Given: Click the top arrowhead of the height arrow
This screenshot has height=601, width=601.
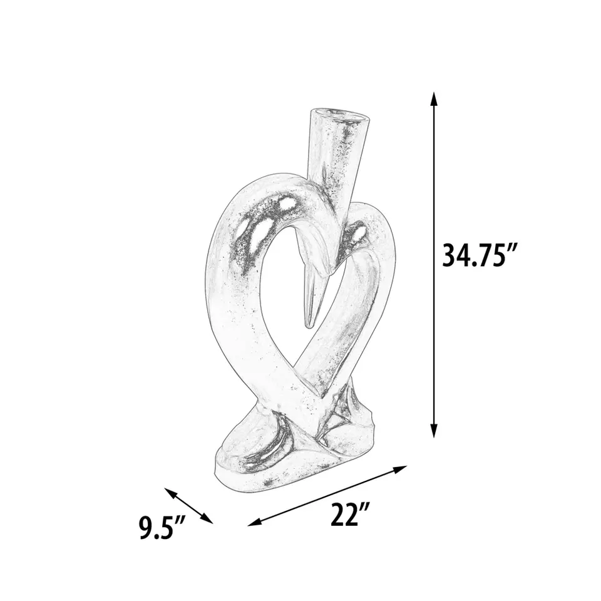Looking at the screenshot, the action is (x=433, y=99).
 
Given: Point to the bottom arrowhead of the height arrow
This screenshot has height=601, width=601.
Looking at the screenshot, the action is (x=433, y=430).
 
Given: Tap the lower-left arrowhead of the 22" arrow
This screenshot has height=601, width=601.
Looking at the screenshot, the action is (x=255, y=522).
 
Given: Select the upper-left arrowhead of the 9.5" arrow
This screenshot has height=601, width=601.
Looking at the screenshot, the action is (x=170, y=492).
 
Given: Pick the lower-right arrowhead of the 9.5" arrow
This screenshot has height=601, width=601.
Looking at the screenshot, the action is (x=207, y=519).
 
